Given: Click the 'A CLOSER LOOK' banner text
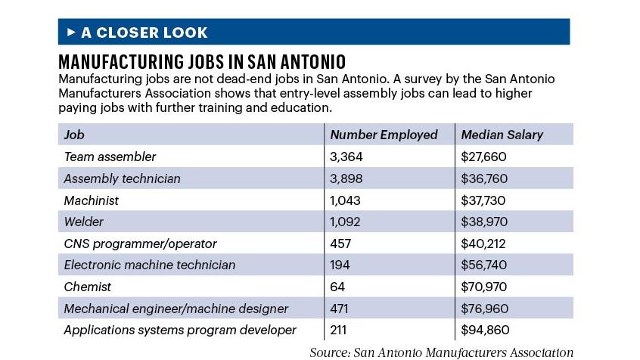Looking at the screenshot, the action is click(144, 33).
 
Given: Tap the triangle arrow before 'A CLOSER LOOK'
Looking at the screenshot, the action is click(72, 33).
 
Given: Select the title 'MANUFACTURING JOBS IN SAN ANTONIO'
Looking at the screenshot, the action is click(202, 61).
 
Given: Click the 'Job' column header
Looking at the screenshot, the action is click(74, 135).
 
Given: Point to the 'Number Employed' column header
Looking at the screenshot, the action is click(384, 135).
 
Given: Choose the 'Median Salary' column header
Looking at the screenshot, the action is click(502, 135).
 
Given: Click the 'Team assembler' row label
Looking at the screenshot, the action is click(110, 157).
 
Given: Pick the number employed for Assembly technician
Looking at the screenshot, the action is click(346, 178).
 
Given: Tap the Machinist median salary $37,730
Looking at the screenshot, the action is click(483, 200).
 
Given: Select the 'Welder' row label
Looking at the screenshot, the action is click(83, 222).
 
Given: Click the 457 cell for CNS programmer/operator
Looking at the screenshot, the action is click(341, 244).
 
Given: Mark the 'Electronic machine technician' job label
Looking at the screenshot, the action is click(149, 265).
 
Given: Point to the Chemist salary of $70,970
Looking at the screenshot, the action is click(484, 287).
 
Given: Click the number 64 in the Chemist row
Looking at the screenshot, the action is click(337, 287).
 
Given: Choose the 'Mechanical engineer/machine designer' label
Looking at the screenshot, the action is click(176, 309).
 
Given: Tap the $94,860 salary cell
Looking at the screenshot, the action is click(484, 330).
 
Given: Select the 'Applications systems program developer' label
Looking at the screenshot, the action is click(180, 330).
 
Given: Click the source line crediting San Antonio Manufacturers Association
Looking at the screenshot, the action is click(441, 352).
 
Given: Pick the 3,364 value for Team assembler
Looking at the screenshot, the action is click(345, 157).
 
